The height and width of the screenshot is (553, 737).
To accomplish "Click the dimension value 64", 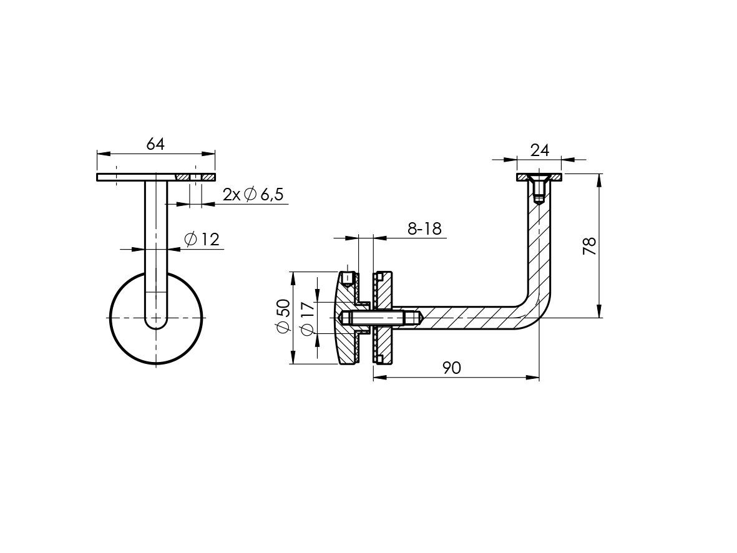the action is point(155,144).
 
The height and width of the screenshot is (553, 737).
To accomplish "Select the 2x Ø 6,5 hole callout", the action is point(253,193).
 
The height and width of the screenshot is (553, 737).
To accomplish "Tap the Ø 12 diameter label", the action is point(202,239).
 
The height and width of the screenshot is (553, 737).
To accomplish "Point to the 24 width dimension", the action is point(540,150).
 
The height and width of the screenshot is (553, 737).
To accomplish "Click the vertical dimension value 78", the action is point(589,246).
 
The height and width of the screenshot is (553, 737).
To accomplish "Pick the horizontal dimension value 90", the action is point(452,368).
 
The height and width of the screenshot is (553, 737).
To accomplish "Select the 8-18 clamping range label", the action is point(424,228).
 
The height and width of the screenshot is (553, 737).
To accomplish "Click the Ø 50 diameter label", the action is point(283,316).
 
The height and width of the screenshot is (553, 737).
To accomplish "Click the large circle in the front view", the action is point(109,318).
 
